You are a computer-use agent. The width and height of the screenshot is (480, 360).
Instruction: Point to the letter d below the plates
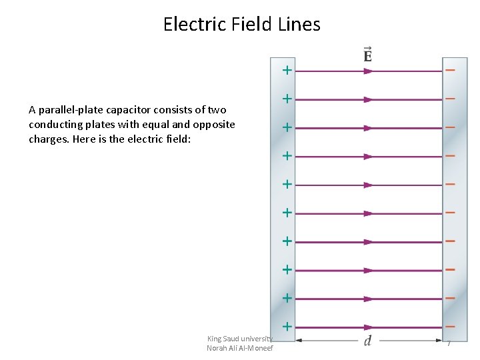tap(367, 341)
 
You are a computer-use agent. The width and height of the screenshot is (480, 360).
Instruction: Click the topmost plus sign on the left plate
tap(287, 69)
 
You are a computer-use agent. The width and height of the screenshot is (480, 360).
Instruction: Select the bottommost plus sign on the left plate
tap(287, 327)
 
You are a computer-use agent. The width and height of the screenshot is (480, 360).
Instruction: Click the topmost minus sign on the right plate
tap(451, 69)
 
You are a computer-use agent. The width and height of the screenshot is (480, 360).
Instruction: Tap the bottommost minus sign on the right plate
tap(451, 327)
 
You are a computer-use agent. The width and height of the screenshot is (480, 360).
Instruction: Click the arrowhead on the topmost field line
tap(368, 71)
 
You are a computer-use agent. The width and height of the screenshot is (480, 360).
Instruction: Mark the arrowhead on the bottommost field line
tap(368, 328)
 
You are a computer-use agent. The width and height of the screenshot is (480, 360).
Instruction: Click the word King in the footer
tap(215, 339)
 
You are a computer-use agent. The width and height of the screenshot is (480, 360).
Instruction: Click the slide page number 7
tap(449, 343)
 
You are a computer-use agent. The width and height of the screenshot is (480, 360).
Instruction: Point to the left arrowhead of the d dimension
tap(299, 341)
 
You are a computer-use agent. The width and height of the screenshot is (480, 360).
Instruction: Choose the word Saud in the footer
tap(234, 339)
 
